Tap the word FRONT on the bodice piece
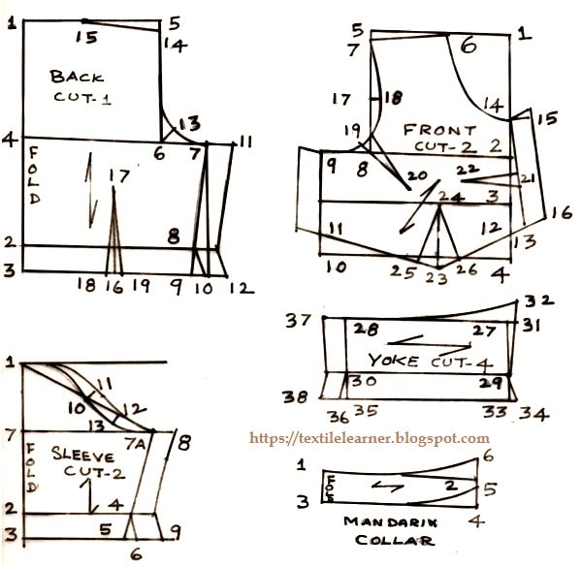[x=438, y=129]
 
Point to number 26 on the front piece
[x=467, y=268]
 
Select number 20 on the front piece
[x=418, y=176]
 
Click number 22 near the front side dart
[x=469, y=170]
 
